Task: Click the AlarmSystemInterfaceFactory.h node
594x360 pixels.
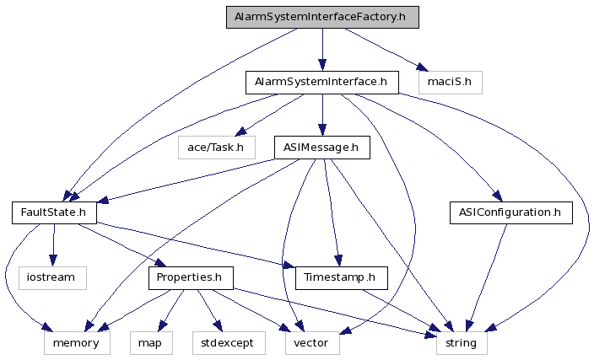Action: tap(321, 18)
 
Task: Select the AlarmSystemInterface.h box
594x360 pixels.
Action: tap(321, 83)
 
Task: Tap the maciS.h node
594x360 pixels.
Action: tap(450, 83)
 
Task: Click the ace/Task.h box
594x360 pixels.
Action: tap(216, 148)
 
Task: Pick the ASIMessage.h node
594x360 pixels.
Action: tap(321, 148)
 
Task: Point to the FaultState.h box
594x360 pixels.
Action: tap(54, 212)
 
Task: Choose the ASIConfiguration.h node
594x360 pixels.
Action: tap(510, 212)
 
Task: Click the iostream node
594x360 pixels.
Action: tap(52, 277)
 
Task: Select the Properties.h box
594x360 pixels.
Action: tap(191, 277)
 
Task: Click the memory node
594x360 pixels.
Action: tap(77, 343)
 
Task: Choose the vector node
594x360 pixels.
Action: tap(310, 343)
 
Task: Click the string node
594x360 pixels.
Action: tap(462, 343)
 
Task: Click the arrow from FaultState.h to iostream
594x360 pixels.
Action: tap(53, 244)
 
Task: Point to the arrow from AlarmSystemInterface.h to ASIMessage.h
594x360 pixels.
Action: tap(321, 115)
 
